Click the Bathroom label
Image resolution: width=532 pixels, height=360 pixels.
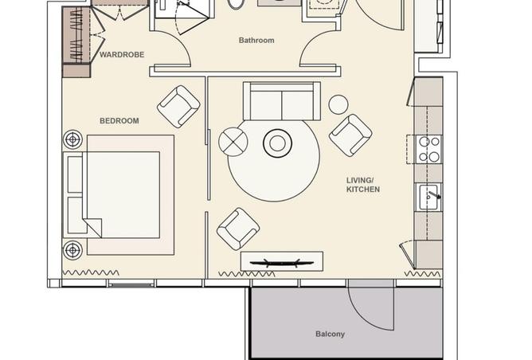(x=256, y=40)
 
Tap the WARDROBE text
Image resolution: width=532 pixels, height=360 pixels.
(x=122, y=54)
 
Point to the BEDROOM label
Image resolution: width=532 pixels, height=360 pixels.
(x=119, y=121)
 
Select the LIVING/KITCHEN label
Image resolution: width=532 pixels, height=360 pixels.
(x=362, y=185)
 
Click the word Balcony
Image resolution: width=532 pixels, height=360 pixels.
(x=331, y=334)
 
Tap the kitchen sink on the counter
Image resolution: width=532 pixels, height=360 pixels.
(x=429, y=198)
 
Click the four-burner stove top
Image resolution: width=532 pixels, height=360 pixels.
(x=429, y=149)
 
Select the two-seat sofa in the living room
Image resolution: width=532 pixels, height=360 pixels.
(x=282, y=101)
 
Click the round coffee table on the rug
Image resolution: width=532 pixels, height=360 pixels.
(x=277, y=143)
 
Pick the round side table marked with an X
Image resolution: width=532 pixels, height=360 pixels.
(x=233, y=142)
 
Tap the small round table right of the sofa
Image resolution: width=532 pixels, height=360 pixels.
(x=338, y=104)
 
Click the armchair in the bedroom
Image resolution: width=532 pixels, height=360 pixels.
(x=178, y=107)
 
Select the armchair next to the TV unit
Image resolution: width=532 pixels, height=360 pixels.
(x=238, y=229)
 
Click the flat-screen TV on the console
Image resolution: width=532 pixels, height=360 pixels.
(x=282, y=262)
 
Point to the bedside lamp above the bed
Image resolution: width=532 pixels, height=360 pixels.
(x=72, y=139)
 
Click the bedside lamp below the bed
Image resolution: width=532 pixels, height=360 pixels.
(x=72, y=250)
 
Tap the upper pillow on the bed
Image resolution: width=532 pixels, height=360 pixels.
(x=75, y=174)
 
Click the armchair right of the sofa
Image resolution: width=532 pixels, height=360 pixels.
(x=350, y=135)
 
